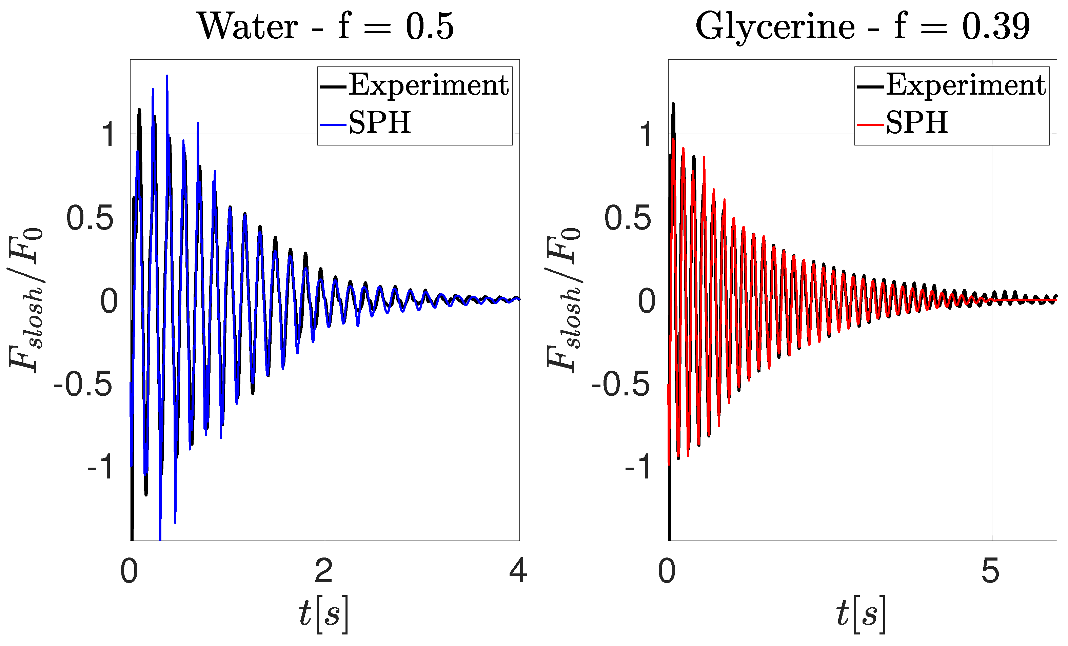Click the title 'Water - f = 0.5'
pos(326,27)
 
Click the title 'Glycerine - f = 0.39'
pos(863,27)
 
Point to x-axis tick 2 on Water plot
pos(324,571)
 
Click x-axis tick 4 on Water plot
pos(518,571)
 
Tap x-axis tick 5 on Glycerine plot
pos(990,571)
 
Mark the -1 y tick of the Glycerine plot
pos(638,467)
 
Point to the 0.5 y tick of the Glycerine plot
pos(628,218)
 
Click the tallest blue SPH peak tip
pos(167,76)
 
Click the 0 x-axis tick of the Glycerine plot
pos(667,571)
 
